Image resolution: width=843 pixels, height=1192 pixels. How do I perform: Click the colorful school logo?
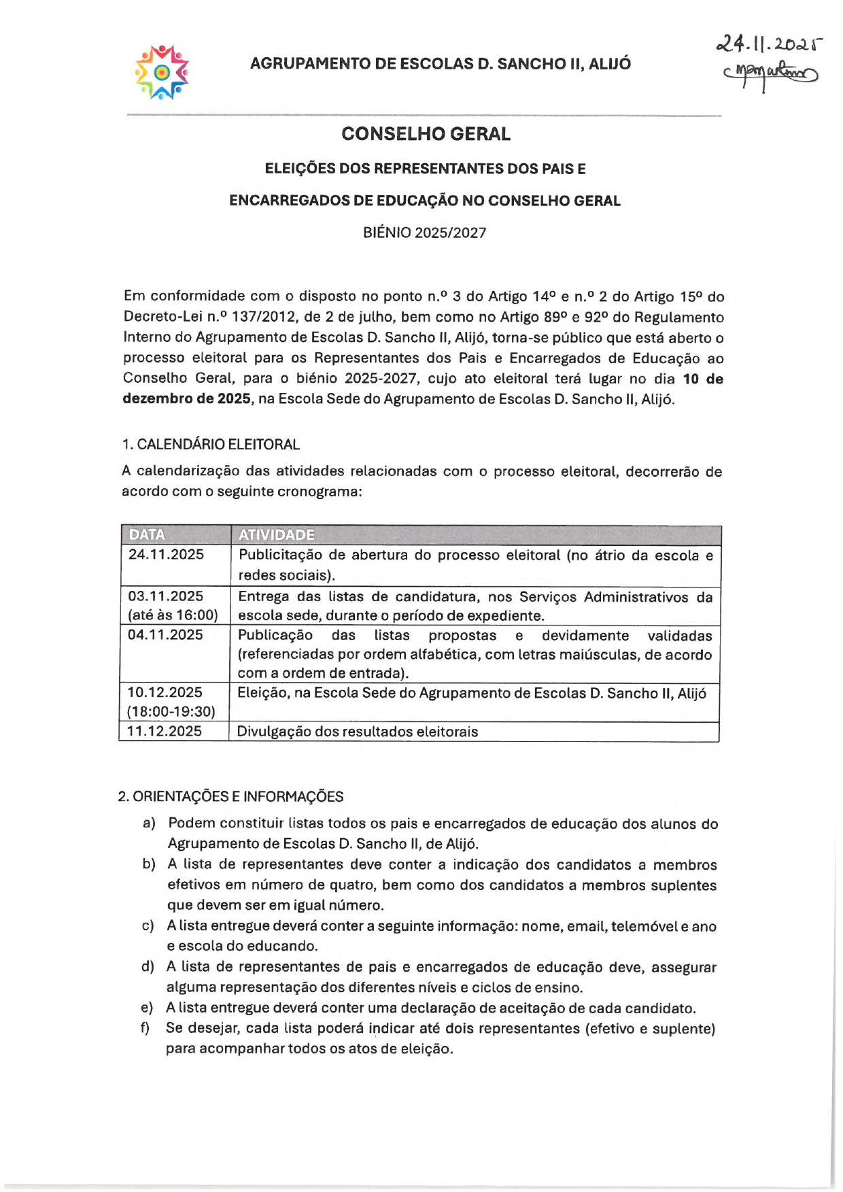[x=162, y=72]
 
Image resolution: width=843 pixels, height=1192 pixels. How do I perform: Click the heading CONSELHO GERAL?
[x=426, y=134]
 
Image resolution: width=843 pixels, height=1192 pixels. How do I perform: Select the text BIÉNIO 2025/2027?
[x=424, y=233]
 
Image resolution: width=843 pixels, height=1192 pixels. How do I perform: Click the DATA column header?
[x=147, y=534]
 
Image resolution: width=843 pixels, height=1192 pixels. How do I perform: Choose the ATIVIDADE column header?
[x=276, y=534]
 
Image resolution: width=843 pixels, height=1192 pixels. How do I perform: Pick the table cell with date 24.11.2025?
[x=166, y=554]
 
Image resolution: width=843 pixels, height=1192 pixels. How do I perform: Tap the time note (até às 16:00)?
[x=173, y=615]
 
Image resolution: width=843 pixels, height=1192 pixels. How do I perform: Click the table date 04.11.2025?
[x=165, y=634]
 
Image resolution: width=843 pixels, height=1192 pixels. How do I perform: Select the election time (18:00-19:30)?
[x=171, y=711]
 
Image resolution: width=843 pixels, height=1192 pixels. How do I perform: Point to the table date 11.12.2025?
[x=165, y=731]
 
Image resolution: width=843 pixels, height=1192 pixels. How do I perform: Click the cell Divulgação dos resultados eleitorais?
[x=358, y=732]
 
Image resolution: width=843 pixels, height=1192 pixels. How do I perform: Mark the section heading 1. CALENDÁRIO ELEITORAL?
[x=211, y=444]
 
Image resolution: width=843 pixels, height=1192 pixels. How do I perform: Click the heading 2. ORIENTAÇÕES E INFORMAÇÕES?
[x=230, y=796]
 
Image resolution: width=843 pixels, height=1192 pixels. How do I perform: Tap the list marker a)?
[x=149, y=823]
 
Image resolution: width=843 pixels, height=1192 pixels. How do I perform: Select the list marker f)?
[x=145, y=1027]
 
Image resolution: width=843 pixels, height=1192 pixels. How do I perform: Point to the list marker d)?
[x=148, y=966]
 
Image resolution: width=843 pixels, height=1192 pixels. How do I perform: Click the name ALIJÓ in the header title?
[x=609, y=64]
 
